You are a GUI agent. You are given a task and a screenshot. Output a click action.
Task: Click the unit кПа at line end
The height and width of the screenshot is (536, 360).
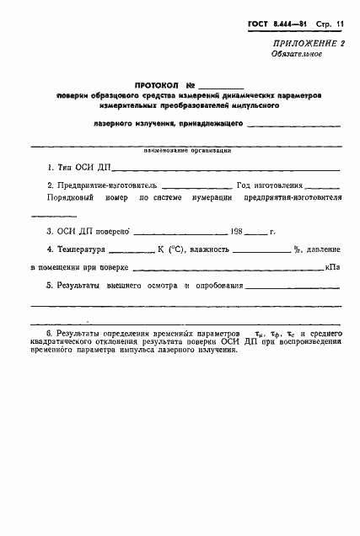click(332, 267)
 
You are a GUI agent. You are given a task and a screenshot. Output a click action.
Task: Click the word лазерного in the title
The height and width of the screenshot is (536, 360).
click(116, 123)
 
